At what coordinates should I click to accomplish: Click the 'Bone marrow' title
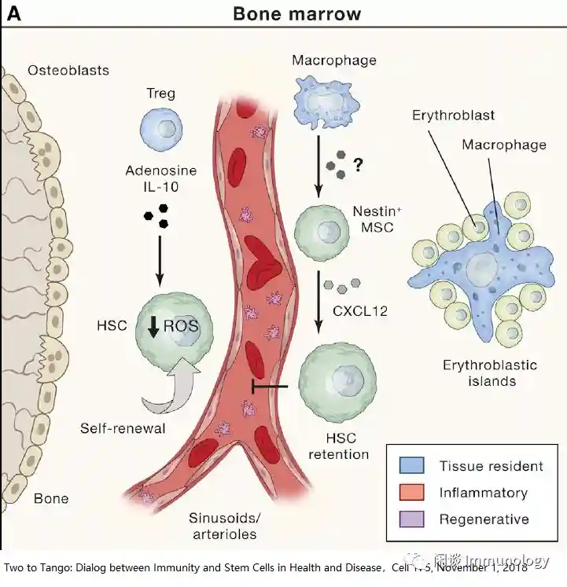pyautogui.click(x=296, y=13)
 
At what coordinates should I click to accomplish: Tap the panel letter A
pyautogui.click(x=13, y=13)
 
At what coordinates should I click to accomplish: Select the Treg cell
pyautogui.click(x=160, y=128)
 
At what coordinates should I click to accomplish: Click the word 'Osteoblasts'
pyautogui.click(x=68, y=71)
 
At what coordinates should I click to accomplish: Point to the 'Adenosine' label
pyautogui.click(x=160, y=171)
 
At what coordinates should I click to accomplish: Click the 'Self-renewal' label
pyautogui.click(x=122, y=428)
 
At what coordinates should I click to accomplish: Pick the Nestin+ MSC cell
pyautogui.click(x=321, y=230)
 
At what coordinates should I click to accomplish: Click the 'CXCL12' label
pyautogui.click(x=360, y=311)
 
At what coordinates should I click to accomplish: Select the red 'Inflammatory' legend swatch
pyautogui.click(x=412, y=493)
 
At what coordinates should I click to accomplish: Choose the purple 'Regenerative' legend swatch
pyautogui.click(x=412, y=519)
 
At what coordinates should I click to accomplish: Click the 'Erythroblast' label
pyautogui.click(x=453, y=116)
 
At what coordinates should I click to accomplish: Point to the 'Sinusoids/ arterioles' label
pyautogui.click(x=223, y=526)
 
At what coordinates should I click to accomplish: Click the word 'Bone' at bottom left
pyautogui.click(x=51, y=498)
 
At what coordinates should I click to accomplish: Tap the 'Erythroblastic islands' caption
pyautogui.click(x=490, y=373)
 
